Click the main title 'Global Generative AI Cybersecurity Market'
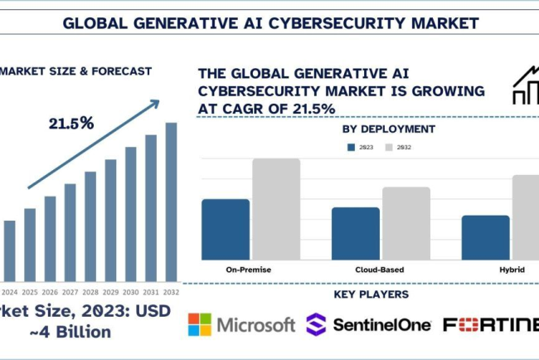pyautogui.click(x=269, y=21)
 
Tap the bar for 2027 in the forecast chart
pyautogui.click(x=70, y=232)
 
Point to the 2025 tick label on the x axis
pyautogui.click(x=30, y=292)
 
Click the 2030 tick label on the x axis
pyautogui.click(x=131, y=292)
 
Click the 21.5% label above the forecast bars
pyautogui.click(x=70, y=124)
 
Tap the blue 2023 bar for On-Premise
pyautogui.click(x=226, y=230)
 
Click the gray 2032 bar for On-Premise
pyautogui.click(x=275, y=209)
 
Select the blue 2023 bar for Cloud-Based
pyautogui.click(x=356, y=234)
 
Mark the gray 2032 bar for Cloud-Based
pyautogui.click(x=405, y=223)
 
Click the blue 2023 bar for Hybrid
pyautogui.click(x=485, y=238)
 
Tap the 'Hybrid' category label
pyautogui.click(x=511, y=270)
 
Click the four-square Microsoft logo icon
pyautogui.click(x=200, y=324)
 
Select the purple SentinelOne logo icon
pyautogui.click(x=317, y=324)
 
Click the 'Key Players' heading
pyautogui.click(x=371, y=295)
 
